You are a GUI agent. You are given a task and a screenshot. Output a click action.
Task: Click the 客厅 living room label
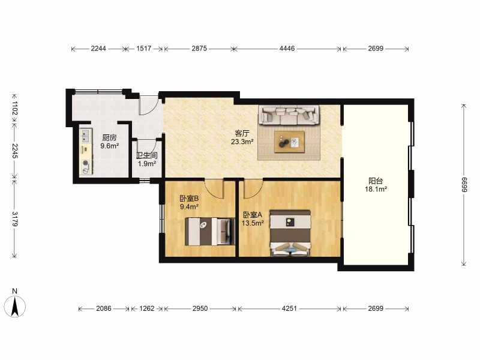[x=242, y=133]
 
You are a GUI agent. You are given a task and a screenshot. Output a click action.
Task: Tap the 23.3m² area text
[x=242, y=142]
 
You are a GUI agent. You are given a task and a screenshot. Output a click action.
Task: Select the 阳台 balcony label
[x=376, y=181]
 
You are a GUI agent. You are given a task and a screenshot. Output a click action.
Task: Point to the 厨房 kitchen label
[x=109, y=137]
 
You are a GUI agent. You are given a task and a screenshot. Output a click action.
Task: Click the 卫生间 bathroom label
[x=147, y=155]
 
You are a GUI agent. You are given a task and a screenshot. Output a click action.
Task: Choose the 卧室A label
[x=253, y=215]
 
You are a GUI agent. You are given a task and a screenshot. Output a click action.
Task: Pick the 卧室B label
[x=189, y=199]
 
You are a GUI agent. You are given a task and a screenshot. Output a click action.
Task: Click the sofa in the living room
[x=289, y=115]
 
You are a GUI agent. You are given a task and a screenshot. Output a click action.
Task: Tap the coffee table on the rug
[x=289, y=142]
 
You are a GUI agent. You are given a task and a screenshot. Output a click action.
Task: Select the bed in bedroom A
[x=290, y=233]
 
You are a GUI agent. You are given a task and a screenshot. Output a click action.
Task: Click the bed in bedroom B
[x=209, y=231]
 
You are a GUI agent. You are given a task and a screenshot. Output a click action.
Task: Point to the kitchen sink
[x=85, y=136]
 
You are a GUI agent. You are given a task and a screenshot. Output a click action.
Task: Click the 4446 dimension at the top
[x=287, y=49]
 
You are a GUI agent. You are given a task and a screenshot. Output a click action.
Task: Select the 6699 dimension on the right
[x=464, y=185]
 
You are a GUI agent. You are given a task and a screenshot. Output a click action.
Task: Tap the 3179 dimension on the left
[x=14, y=218]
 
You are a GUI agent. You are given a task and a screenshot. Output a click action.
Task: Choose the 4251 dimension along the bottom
[x=289, y=308]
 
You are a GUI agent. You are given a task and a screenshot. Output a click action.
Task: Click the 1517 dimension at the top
[x=143, y=49]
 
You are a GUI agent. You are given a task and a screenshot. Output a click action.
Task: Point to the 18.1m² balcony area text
[x=376, y=189]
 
